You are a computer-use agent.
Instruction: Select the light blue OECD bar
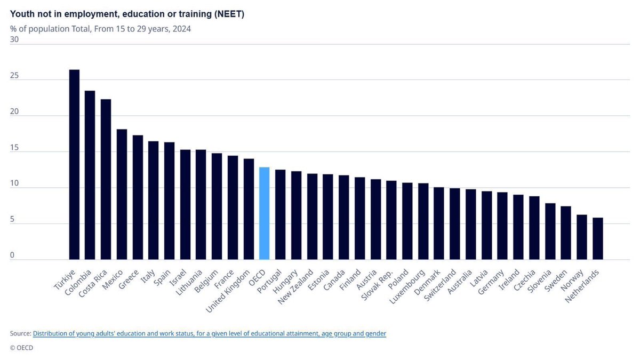pos(264,213)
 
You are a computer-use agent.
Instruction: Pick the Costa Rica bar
pos(106,179)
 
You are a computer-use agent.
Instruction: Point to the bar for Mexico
pos(122,194)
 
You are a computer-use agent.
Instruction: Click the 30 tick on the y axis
pos(14,39)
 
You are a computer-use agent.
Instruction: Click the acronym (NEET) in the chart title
pos(228,14)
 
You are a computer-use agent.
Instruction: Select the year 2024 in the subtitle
pos(182,29)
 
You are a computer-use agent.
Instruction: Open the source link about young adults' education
pos(209,333)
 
